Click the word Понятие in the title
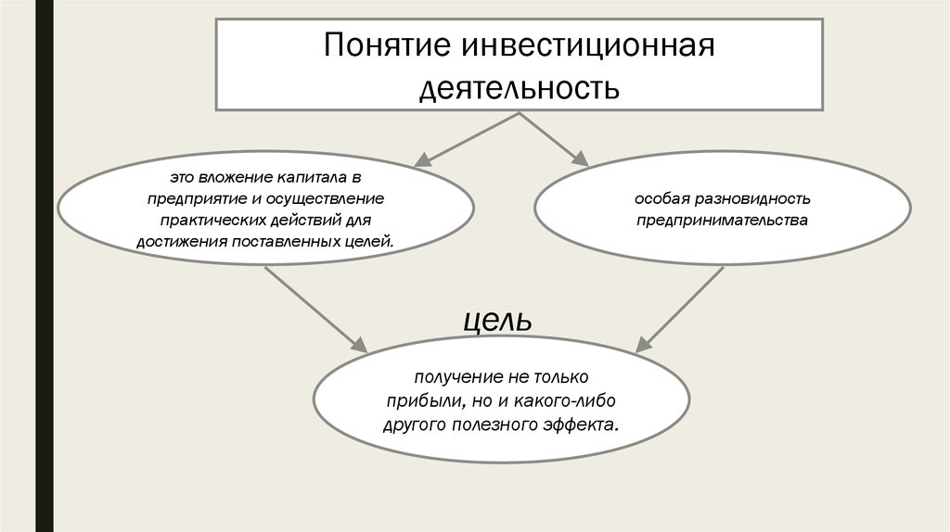click(388, 44)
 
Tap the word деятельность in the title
click(520, 88)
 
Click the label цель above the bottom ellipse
click(497, 321)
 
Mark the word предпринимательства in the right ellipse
click(722, 220)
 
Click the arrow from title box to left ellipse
click(467, 139)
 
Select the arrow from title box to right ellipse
click(554, 139)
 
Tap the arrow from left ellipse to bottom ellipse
click(316, 310)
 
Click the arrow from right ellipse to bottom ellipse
click(679, 310)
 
